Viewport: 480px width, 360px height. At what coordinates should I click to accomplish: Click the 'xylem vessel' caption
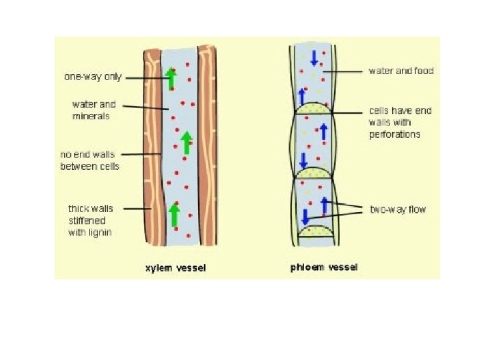point(176,268)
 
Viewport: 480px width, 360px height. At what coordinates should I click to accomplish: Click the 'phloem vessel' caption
point(324,267)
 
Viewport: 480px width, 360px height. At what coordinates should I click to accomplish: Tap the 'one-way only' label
point(93,77)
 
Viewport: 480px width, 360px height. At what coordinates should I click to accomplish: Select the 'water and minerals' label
point(94,110)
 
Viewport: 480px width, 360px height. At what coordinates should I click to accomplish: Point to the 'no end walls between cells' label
point(90,161)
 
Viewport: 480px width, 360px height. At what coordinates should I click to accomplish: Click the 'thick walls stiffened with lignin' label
point(91,220)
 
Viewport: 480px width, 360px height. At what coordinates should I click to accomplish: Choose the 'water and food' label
point(401,71)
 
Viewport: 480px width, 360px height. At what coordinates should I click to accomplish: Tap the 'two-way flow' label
point(398,209)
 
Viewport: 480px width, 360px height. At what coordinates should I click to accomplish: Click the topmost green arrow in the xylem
point(171,78)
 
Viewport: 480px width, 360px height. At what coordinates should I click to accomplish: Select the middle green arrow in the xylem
point(187,142)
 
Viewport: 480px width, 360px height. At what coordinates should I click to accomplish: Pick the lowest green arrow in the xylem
point(175,215)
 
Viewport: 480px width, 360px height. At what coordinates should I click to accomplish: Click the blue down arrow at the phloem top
point(314,58)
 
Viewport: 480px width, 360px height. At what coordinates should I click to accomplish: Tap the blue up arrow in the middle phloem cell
point(324,131)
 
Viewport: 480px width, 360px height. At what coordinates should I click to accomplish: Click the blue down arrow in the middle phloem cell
point(303,161)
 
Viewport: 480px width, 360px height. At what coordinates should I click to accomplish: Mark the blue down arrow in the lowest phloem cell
point(305,217)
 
